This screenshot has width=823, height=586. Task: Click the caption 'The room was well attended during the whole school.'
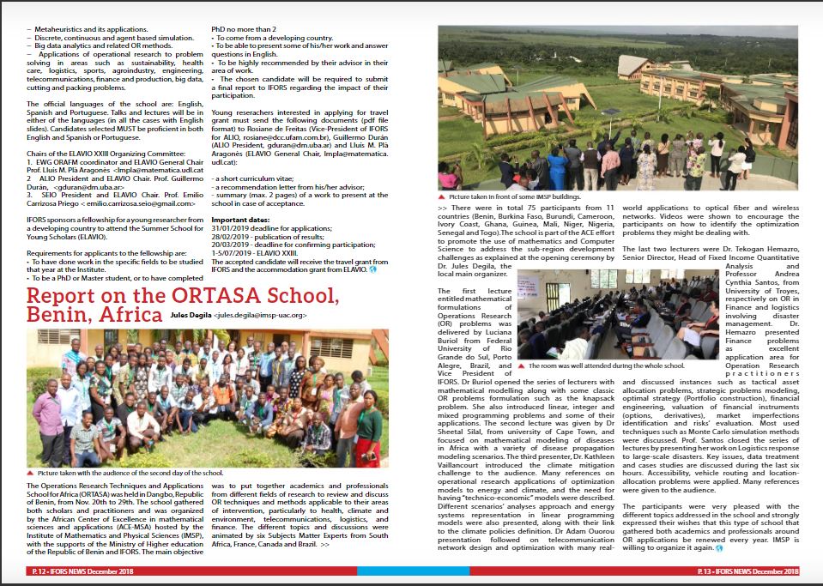tap(607, 365)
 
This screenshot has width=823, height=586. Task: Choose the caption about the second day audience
tap(130, 472)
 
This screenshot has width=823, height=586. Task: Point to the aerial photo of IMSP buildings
tap(618, 107)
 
